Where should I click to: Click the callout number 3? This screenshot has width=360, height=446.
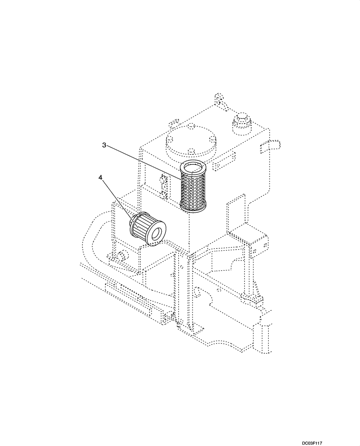104,145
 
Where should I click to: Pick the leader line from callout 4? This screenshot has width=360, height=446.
117,198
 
